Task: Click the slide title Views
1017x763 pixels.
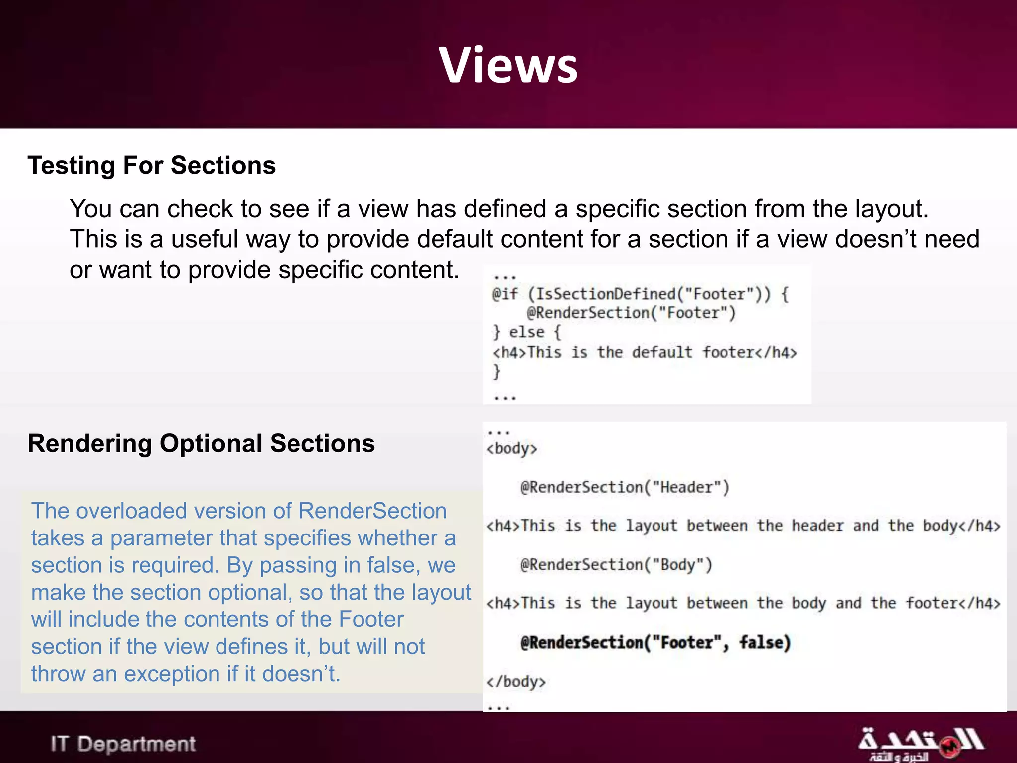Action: click(x=508, y=65)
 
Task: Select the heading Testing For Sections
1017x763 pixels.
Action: click(x=151, y=165)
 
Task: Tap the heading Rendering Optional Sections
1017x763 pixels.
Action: click(x=201, y=443)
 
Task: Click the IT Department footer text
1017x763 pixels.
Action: click(x=123, y=744)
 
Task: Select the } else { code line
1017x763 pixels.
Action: click(x=526, y=332)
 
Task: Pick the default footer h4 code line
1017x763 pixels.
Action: click(x=644, y=352)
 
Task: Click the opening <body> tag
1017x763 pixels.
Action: click(x=511, y=449)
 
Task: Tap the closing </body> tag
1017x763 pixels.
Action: click(x=515, y=681)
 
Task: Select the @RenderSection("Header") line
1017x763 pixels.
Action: click(x=625, y=487)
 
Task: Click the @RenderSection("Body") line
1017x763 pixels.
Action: click(x=616, y=565)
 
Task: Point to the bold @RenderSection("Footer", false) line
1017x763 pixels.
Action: click(x=655, y=642)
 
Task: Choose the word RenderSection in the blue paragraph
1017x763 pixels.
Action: click(x=373, y=511)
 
